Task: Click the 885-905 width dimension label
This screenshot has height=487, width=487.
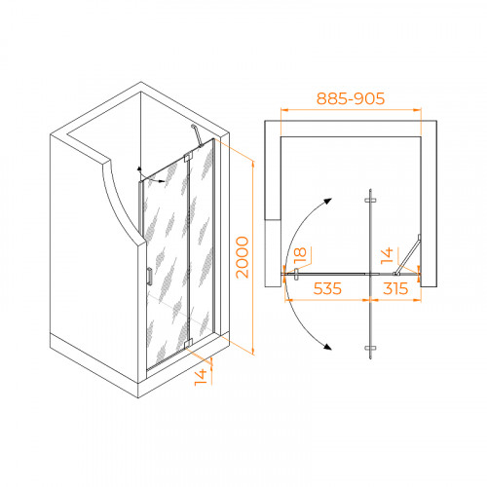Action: coord(351,98)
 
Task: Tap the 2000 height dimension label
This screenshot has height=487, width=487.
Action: coord(243,257)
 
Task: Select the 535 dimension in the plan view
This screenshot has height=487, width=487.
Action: coord(327,288)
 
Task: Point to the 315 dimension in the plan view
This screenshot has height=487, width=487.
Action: coord(395,288)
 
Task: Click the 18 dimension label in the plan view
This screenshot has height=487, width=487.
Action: coord(300,255)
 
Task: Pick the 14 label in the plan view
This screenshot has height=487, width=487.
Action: coord(387,256)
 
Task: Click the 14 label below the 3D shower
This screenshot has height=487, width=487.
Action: coord(201,377)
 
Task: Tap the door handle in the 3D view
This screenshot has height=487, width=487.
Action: coord(149,277)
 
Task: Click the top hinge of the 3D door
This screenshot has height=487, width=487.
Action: coord(188,157)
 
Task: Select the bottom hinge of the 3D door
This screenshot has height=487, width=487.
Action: coord(188,344)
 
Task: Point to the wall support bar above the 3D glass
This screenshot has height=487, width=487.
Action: coord(197,135)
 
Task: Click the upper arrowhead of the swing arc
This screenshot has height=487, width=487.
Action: coord(327,202)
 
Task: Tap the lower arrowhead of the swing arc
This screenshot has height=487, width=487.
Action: coord(327,346)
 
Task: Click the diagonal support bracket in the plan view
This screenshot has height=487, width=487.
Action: coord(408,255)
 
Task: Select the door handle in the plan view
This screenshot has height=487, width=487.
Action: coord(296,274)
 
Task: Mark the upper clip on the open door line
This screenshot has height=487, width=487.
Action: coord(370,201)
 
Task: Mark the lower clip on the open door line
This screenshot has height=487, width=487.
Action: coord(370,348)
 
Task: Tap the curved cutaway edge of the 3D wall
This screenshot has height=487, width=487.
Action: coord(119,203)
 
